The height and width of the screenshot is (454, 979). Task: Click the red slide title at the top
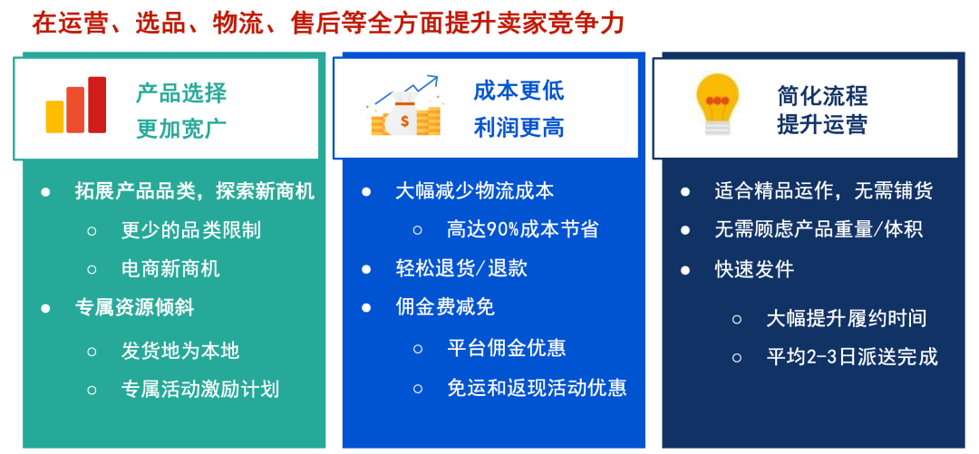tap(328, 23)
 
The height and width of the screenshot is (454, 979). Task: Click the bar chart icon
tap(76, 105)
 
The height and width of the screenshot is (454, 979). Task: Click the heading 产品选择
tap(181, 92)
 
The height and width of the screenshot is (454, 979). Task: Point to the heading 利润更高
tap(519, 128)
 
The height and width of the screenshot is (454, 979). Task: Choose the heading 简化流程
tap(822, 95)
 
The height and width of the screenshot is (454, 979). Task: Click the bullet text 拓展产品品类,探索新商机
tap(195, 191)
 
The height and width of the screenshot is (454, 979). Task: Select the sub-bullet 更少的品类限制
tap(190, 230)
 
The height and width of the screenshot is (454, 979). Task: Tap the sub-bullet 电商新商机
tap(170, 269)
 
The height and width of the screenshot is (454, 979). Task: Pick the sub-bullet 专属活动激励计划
tap(200, 389)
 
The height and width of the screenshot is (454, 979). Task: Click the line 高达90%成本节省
tap(523, 229)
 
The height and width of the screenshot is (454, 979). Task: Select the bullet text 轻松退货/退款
tap(461, 268)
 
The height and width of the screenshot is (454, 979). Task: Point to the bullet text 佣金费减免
tap(445, 307)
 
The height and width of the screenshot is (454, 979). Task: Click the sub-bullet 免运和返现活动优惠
tap(537, 388)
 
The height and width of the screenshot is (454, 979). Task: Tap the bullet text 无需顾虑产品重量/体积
tap(819, 229)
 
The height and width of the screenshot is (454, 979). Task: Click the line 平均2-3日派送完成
tap(852, 357)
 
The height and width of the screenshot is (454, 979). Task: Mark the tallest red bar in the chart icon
tap(97, 104)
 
